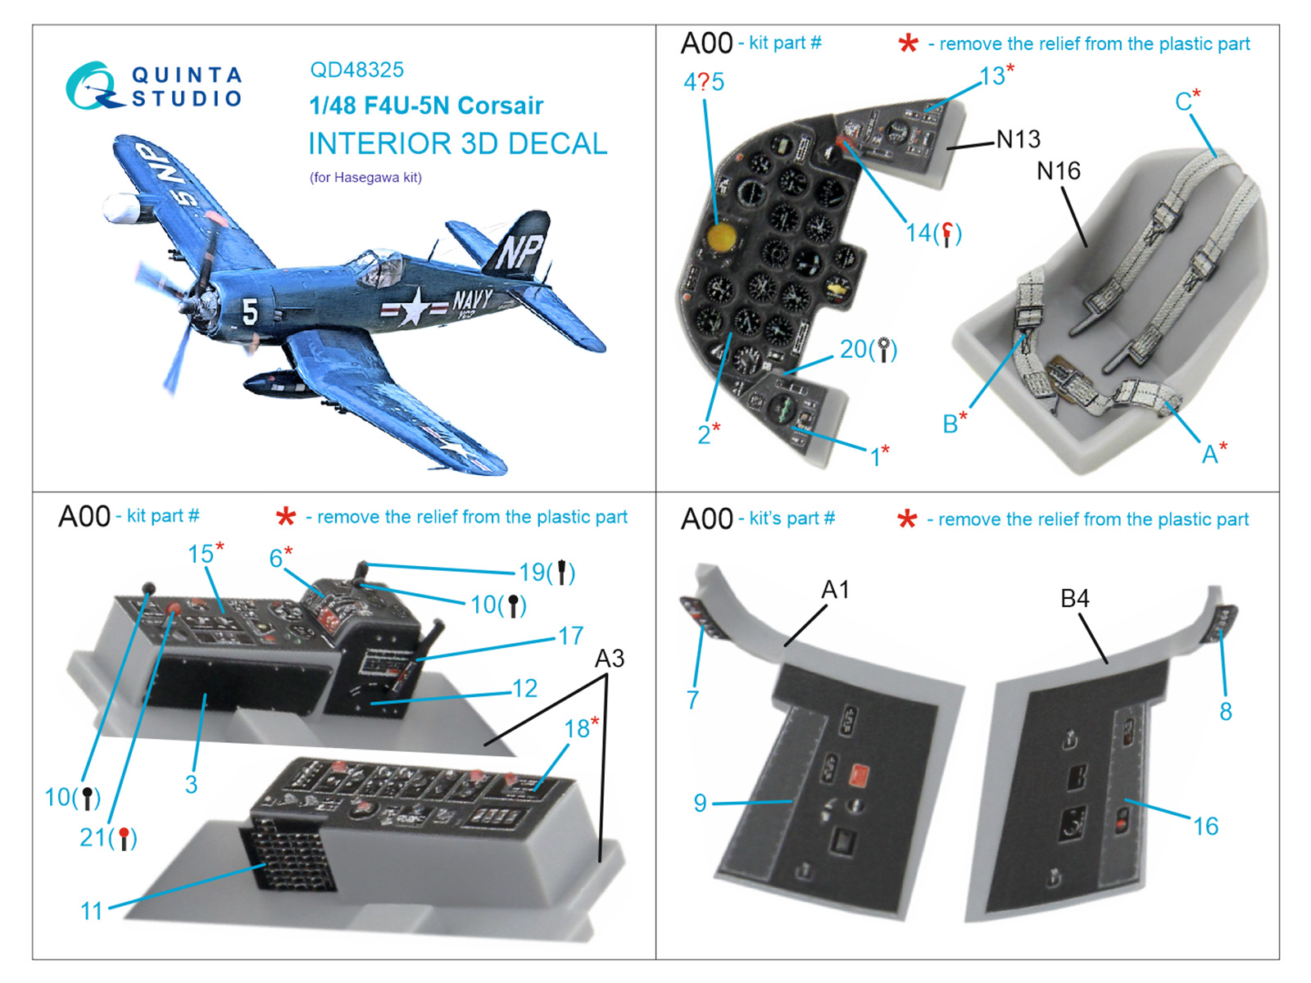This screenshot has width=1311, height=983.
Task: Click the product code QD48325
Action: [x=356, y=70]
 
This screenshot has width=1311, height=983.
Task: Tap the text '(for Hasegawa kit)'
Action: [x=365, y=177]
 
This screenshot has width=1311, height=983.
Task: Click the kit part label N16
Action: [x=1058, y=171]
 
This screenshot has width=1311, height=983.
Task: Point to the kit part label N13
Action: [x=1018, y=139]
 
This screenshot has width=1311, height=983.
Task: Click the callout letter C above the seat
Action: [x=1182, y=102]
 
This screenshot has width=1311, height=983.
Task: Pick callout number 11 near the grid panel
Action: [x=92, y=910]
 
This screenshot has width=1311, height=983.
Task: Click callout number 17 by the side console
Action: [x=570, y=636]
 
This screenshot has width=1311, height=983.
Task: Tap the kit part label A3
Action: [x=609, y=659]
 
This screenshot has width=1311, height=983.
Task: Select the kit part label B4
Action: [x=1074, y=599]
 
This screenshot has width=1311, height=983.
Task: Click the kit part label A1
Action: [x=835, y=590]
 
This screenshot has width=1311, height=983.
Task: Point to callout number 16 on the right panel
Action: [x=1205, y=826]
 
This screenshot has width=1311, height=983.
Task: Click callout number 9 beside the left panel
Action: [x=700, y=803]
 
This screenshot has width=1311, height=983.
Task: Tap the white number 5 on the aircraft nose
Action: [x=250, y=311]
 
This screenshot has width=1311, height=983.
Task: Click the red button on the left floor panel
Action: [x=860, y=775]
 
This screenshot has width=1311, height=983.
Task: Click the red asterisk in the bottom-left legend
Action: [x=285, y=517]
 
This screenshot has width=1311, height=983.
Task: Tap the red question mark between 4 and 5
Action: [x=704, y=82]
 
